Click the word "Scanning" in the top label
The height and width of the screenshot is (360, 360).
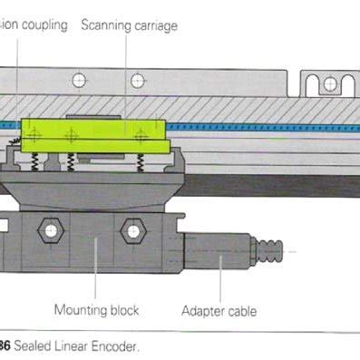(108, 25)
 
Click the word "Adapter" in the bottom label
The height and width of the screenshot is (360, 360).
(205, 311)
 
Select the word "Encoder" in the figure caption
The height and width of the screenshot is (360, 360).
(114, 345)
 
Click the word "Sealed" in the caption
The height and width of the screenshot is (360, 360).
(34, 345)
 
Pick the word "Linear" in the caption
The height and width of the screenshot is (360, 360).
(73, 345)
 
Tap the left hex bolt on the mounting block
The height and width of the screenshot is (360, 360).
(50, 231)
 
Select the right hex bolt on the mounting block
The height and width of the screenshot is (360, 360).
(132, 231)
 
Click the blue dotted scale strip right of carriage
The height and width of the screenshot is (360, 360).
(254, 127)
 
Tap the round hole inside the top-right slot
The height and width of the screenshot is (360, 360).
(329, 83)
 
